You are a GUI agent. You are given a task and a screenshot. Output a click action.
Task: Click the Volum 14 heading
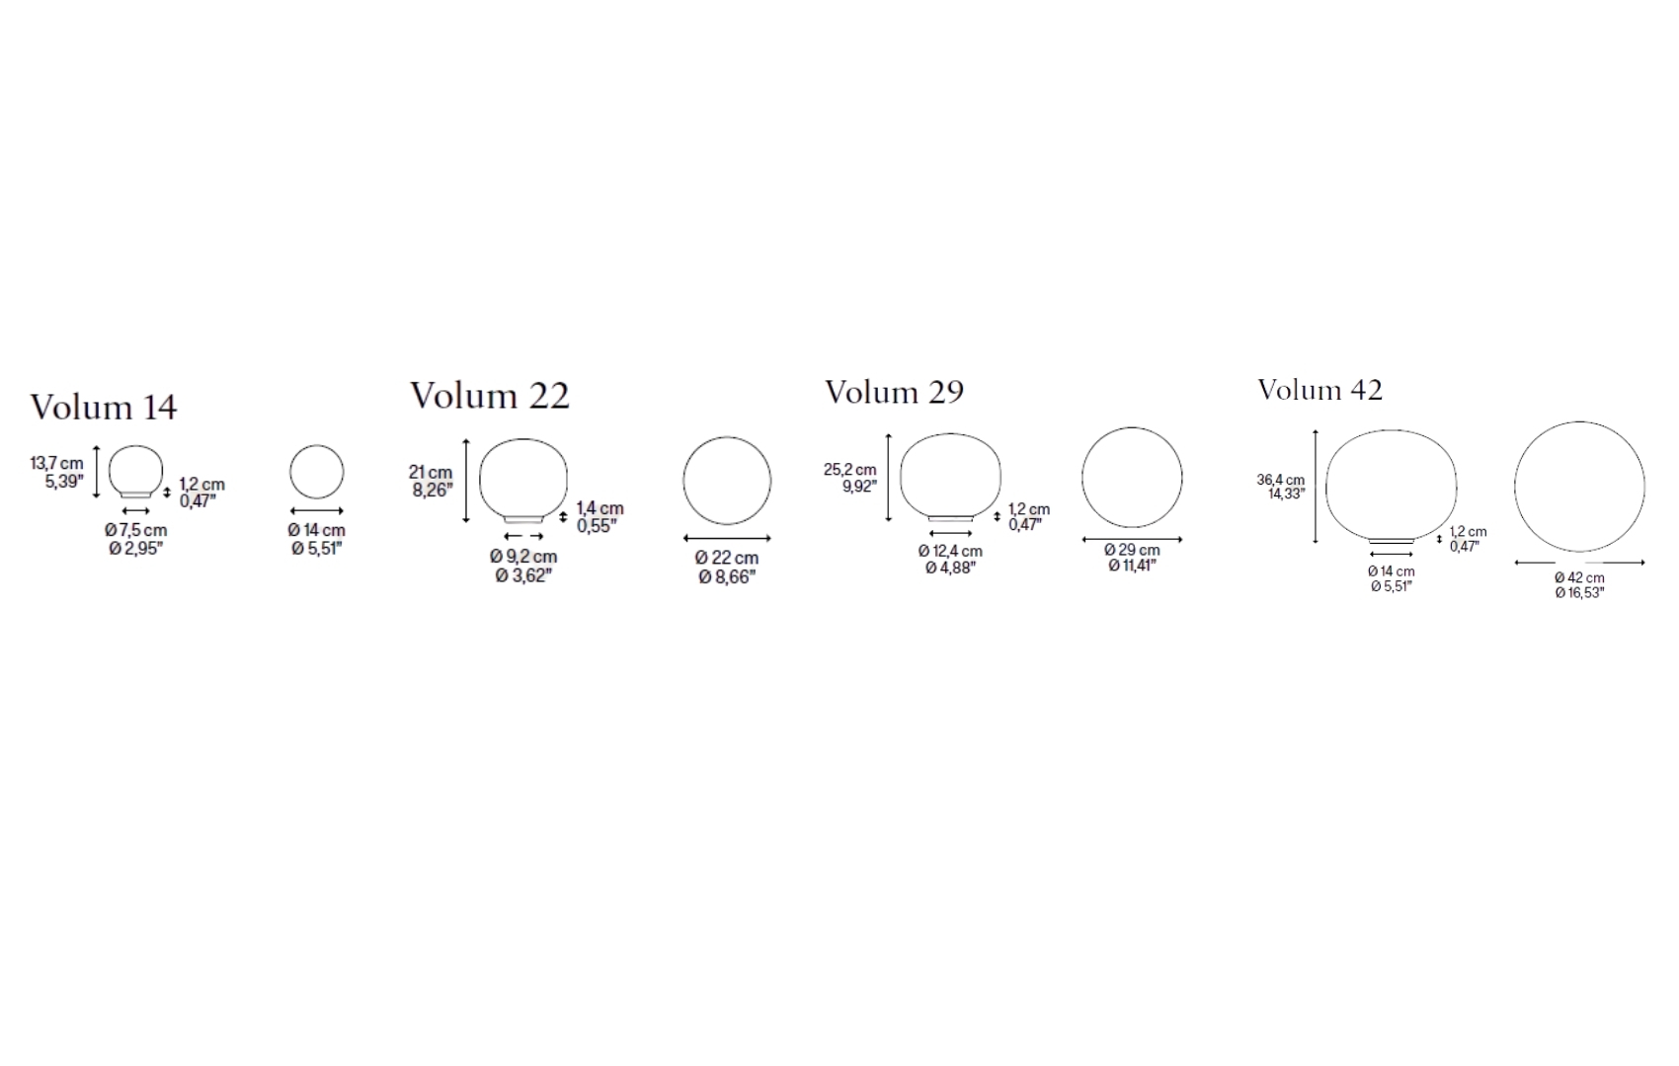pyautogui.click(x=104, y=407)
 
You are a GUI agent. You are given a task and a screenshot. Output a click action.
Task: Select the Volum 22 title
pyautogui.click(x=490, y=395)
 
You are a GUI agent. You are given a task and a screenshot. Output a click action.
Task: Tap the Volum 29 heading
pyautogui.click(x=894, y=392)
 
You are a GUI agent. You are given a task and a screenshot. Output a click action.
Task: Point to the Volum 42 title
pyautogui.click(x=1319, y=390)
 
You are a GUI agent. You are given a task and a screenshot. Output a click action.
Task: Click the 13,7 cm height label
pyautogui.click(x=57, y=464)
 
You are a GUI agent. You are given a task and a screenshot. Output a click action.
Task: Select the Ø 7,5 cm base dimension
pyautogui.click(x=135, y=530)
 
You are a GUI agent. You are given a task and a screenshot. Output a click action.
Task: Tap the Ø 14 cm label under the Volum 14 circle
pyautogui.click(x=316, y=530)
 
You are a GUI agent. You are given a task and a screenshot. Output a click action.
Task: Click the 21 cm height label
pyautogui.click(x=431, y=473)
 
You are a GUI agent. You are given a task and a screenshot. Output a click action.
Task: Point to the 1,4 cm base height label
pyautogui.click(x=600, y=508)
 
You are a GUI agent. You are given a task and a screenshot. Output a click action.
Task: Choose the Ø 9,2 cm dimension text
pyautogui.click(x=523, y=557)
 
